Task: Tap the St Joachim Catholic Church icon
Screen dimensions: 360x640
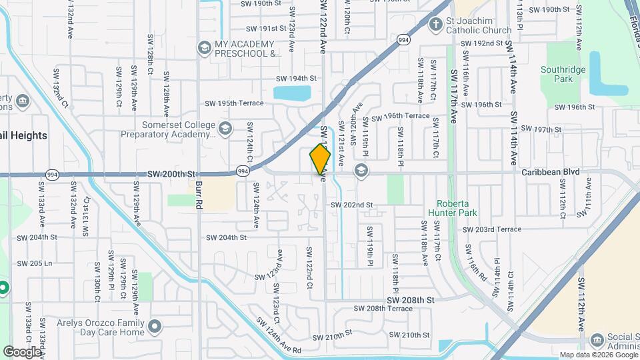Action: [436, 25]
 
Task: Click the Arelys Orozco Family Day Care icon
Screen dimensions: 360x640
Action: [155, 327]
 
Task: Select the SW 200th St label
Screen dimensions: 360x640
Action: [170, 173]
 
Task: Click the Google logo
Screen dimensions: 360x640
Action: [21, 351]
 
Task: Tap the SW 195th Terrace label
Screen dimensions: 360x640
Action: [234, 103]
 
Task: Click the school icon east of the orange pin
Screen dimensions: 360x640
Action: [361, 171]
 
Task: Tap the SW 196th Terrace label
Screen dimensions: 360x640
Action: [400, 116]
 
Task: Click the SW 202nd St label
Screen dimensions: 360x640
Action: [351, 205]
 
